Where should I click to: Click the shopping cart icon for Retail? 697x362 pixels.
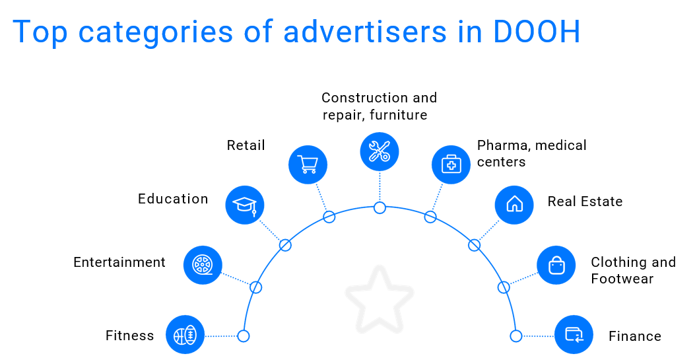308,164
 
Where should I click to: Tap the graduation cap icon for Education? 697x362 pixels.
245,205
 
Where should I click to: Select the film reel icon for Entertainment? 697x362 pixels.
203,265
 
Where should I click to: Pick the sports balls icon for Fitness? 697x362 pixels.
185,336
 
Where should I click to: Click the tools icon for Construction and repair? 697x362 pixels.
380,151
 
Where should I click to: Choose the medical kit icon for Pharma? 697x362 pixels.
451,164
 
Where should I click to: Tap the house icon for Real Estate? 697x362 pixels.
514,205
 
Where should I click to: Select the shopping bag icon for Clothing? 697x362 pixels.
556,265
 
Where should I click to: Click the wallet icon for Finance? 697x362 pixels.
574,335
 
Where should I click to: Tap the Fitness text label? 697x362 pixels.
130,336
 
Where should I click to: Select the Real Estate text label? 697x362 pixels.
585,201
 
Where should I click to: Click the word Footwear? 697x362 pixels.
622,279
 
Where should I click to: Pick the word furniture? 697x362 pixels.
399,115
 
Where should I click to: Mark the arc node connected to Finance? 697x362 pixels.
516,336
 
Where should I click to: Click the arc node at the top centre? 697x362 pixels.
380,207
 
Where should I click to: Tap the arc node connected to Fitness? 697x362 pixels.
244,336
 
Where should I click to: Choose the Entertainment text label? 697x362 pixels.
119,262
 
